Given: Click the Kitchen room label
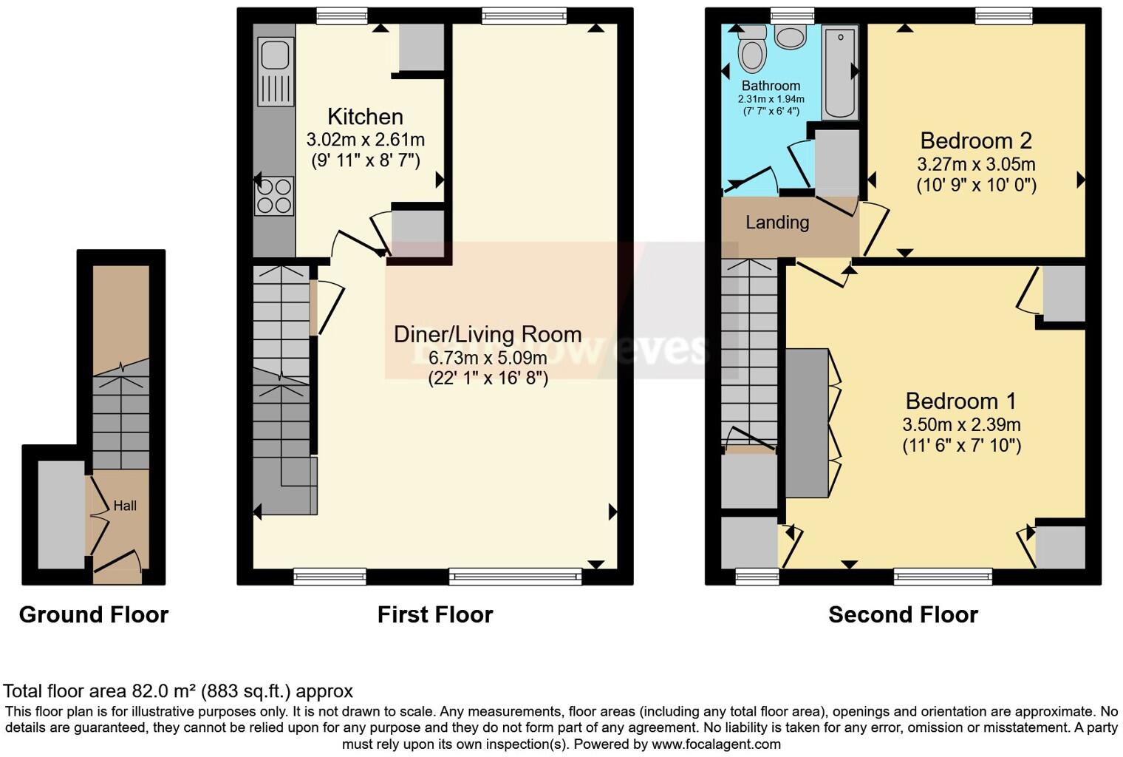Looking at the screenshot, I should (365, 117).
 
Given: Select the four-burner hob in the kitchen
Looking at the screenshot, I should (274, 197).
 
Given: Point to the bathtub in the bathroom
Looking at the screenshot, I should (840, 72).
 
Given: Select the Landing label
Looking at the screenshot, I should (776, 223).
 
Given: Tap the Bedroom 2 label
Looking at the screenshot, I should (975, 140).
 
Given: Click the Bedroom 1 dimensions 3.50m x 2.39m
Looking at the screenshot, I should (961, 425).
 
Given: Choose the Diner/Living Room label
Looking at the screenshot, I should (487, 334).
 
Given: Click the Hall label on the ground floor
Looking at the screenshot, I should (125, 506).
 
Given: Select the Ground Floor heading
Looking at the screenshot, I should (94, 615).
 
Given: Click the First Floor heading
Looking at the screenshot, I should (434, 615).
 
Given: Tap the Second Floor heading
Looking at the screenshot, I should (903, 615).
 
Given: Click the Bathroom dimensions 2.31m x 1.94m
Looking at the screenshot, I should (771, 99).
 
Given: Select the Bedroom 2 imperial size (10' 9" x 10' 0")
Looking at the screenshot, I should (976, 186).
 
